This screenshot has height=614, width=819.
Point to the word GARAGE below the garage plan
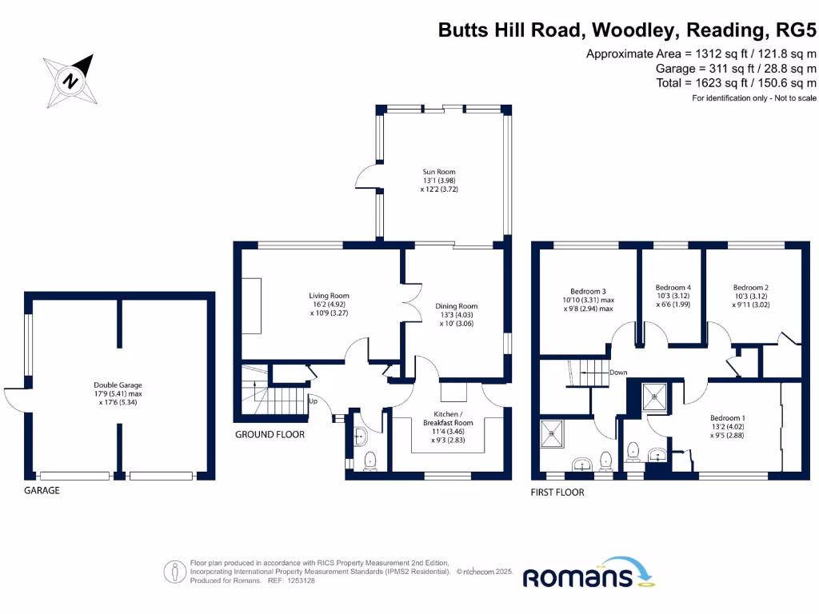[42, 490]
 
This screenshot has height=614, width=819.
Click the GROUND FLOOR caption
[270, 435]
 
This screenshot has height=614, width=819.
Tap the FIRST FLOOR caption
[557, 492]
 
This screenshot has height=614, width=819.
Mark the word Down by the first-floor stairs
[618, 373]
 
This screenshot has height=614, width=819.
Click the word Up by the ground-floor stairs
[314, 401]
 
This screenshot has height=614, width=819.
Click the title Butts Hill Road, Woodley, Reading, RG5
[628, 30]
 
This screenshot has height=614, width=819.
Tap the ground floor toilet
[369, 460]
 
